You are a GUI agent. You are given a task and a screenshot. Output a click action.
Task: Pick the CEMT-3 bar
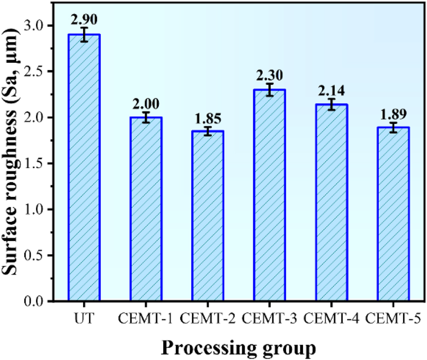pyautogui.click(x=270, y=195)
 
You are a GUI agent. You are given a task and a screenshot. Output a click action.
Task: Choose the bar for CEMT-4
pyautogui.click(x=332, y=203)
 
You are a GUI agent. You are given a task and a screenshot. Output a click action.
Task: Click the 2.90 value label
pyautogui.click(x=84, y=18)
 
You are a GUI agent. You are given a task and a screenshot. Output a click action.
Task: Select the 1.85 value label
pyautogui.click(x=208, y=118)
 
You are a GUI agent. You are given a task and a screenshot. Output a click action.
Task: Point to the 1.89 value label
pyautogui.click(x=393, y=115)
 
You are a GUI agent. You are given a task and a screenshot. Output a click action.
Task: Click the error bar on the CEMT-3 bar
pyautogui.click(x=270, y=90)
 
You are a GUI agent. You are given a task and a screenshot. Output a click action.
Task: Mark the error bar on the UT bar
pyautogui.click(x=84, y=35)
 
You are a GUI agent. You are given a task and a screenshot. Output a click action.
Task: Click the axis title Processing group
pyautogui.click(x=238, y=349)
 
